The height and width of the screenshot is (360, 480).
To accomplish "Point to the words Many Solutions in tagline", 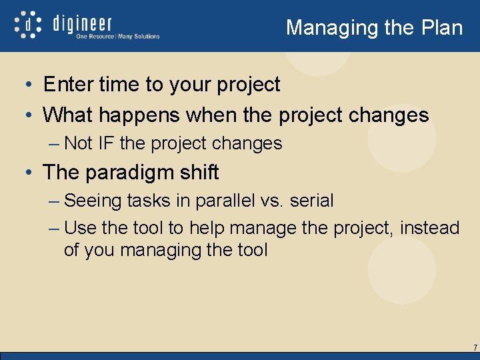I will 139,37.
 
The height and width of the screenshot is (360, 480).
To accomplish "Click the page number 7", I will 475,347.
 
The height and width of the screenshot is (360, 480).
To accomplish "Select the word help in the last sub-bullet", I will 207,228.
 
